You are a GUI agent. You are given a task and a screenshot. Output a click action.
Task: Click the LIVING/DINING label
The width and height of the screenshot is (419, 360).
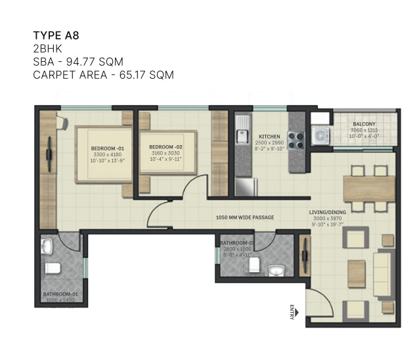pyautogui.click(x=331, y=212)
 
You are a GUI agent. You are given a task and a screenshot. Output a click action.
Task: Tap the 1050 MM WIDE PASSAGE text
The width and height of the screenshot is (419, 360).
pyautogui.click(x=245, y=217)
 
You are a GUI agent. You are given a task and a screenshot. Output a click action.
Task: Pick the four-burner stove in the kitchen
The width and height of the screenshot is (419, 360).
pyautogui.click(x=296, y=140)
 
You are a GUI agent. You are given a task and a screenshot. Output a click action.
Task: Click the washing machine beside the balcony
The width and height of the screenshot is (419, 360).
pyautogui.click(x=320, y=136)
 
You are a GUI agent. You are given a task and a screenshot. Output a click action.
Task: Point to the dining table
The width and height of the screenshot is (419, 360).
pyautogui.click(x=368, y=188)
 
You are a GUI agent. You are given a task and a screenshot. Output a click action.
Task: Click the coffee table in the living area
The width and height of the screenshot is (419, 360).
pyautogui.click(x=356, y=268)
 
